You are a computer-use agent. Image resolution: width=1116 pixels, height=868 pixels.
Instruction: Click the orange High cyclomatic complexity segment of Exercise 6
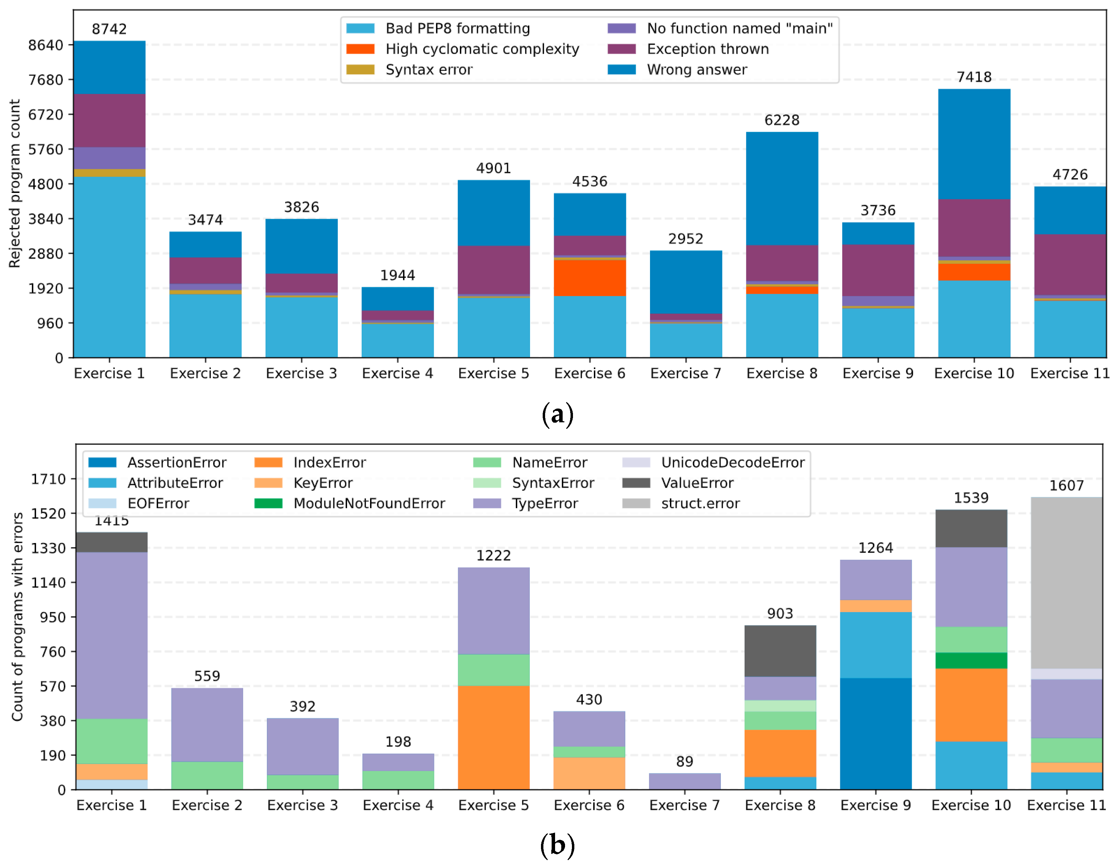point(590,278)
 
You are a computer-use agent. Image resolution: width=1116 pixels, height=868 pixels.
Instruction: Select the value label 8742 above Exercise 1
point(109,29)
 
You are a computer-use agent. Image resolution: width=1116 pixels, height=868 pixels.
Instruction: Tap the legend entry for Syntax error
point(410,69)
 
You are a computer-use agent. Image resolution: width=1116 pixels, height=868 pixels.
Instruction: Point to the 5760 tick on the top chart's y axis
point(46,150)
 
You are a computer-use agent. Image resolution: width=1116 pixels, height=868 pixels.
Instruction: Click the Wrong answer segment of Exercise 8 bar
point(782,188)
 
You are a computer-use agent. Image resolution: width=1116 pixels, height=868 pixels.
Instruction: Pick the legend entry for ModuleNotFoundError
point(350,503)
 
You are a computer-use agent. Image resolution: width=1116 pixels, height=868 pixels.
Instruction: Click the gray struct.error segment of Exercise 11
point(1066,583)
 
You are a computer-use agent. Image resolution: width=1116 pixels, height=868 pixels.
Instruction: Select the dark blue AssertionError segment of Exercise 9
point(876,734)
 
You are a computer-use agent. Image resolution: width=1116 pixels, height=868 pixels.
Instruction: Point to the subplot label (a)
point(557,414)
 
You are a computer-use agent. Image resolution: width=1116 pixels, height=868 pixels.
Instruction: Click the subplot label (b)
point(557,846)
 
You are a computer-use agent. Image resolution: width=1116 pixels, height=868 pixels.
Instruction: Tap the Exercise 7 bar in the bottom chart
point(685,781)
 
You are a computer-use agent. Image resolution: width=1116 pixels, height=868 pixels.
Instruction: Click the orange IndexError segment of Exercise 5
point(494,737)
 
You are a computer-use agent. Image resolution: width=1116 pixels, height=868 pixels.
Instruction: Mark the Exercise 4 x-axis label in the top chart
point(398,373)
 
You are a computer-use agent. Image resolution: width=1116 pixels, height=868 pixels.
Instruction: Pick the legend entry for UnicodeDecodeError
point(713,462)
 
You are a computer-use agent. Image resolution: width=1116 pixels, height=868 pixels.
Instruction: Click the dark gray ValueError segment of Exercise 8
point(780,651)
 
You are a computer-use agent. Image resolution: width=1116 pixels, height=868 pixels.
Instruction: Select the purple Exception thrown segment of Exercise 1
point(109,121)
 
